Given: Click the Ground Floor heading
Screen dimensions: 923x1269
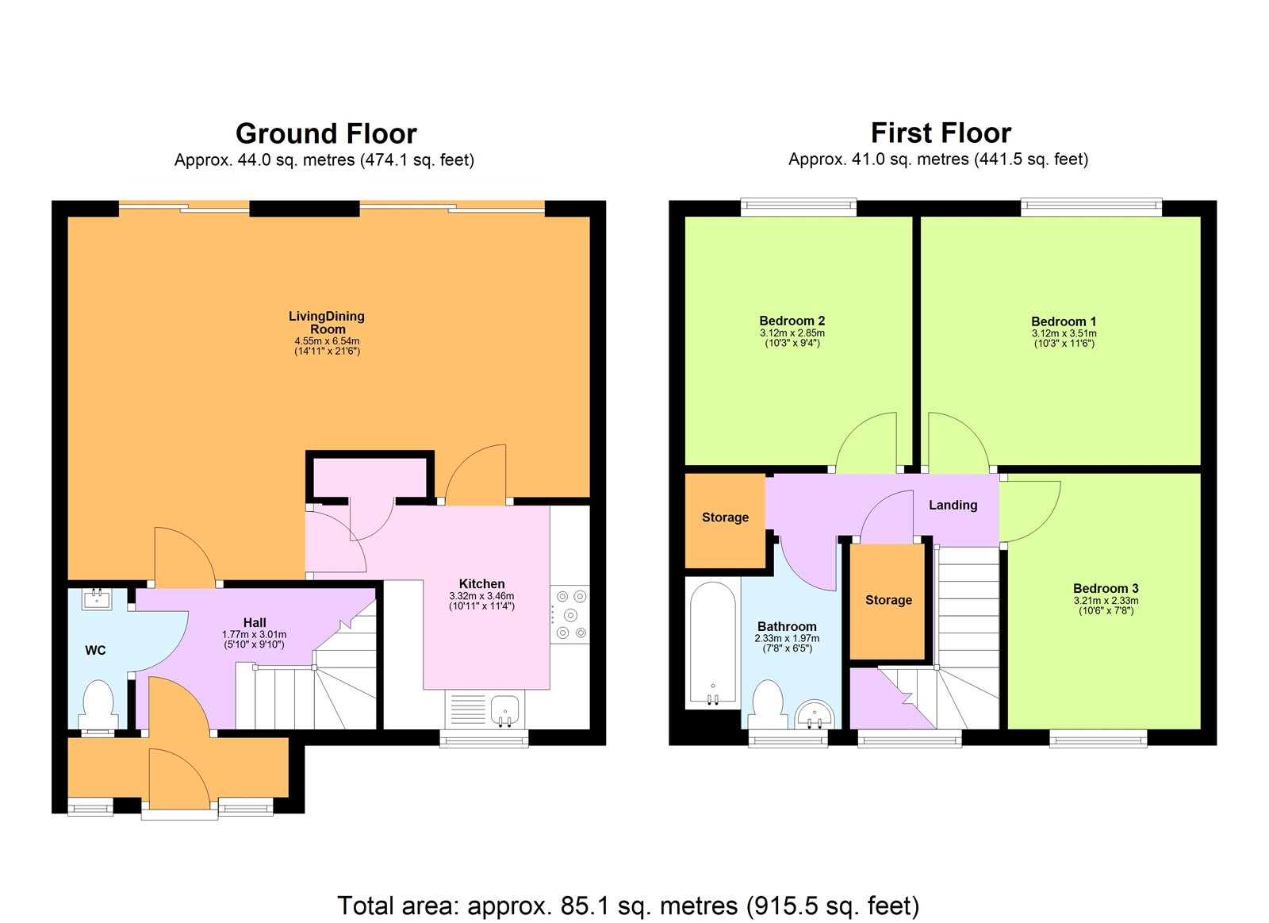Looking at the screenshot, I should [x=326, y=133].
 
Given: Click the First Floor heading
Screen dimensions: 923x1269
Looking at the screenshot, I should [x=941, y=133].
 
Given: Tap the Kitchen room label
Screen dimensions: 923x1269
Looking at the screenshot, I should [x=481, y=583].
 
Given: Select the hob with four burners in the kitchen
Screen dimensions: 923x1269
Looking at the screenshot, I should [x=570, y=615].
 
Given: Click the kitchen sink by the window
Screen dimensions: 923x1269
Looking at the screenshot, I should [x=504, y=708].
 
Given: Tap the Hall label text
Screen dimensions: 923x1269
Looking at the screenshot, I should [x=255, y=622].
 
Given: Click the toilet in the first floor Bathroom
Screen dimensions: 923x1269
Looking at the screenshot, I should [x=767, y=703].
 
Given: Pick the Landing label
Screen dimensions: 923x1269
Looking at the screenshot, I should [x=953, y=505].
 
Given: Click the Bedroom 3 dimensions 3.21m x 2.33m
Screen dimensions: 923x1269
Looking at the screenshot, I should [x=1106, y=601].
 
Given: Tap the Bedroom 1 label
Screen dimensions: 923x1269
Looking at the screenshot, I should [x=1063, y=321].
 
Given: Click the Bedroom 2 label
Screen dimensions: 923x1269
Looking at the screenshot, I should [x=792, y=321].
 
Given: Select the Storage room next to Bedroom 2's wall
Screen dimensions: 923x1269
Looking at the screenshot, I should [x=725, y=517].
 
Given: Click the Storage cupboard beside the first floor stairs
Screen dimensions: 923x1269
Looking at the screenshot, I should [x=888, y=600].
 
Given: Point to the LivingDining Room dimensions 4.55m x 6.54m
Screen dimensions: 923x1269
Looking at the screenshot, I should [x=327, y=341].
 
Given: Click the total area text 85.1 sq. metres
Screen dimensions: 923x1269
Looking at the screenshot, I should [x=628, y=906].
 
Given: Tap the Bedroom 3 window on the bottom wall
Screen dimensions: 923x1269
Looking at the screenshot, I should [x=1098, y=739].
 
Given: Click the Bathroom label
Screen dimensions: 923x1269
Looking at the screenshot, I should [x=786, y=626].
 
